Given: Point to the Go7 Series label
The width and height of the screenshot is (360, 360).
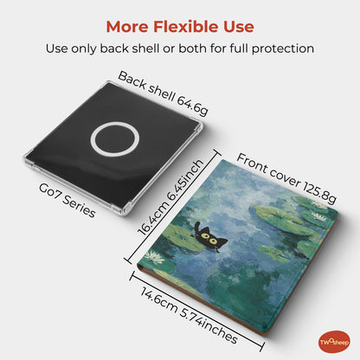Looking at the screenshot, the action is click(67, 201).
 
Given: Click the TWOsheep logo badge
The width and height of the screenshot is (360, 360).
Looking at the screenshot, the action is click(334, 342).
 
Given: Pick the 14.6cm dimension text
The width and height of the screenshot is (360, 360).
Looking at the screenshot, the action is click(158, 300).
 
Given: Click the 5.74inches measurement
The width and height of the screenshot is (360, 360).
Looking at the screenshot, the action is click(209, 326).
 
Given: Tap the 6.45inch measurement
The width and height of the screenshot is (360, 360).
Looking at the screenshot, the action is click(185, 179).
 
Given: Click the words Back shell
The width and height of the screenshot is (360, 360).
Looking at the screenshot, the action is click(146, 87).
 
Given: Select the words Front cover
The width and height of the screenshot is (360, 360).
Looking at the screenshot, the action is click(268, 170).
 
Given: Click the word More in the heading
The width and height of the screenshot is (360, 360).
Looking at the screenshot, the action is click(127, 27).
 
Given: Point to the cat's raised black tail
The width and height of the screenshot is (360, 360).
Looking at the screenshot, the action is click(196, 228).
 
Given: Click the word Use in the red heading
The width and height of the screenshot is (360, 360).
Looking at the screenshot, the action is click(239, 27).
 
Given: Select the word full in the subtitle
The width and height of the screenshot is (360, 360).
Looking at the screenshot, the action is click(239, 48).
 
